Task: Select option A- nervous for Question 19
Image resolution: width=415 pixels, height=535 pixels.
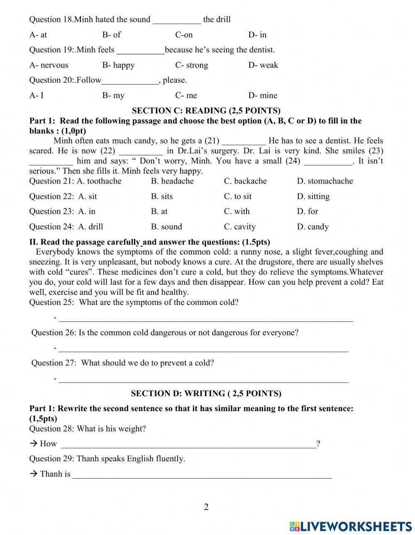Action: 49,65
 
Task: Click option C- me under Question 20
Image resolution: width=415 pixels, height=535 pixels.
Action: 186,95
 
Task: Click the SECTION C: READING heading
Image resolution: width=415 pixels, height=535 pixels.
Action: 206,111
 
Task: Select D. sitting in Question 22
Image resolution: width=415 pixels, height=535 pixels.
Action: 313,196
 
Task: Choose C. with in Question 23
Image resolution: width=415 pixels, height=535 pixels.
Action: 237,211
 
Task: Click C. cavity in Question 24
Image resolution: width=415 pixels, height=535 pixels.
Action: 239,227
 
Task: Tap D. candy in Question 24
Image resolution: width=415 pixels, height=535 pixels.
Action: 312,227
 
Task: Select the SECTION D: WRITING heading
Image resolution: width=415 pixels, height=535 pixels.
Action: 206,394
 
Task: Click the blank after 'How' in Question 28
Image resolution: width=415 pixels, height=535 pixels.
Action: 188,445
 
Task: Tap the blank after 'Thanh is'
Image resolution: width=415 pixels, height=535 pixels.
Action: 202,475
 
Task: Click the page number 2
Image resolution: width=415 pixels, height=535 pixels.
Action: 206,507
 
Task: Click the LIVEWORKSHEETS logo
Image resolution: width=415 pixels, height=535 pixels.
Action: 350,526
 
